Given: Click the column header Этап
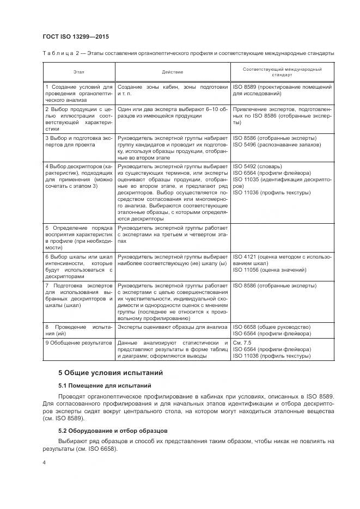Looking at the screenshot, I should [80, 72].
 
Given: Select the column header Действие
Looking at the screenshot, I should [173, 72].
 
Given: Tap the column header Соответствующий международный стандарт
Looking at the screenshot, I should [282, 72].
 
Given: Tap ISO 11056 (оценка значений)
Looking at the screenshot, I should [265, 269].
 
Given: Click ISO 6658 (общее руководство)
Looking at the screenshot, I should [271, 327].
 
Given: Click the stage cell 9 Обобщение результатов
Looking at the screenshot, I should [78, 342].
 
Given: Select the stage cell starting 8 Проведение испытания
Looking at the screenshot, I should [78, 330].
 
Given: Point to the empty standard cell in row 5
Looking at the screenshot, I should [282, 237].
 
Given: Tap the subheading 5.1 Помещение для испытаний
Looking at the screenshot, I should [105, 385].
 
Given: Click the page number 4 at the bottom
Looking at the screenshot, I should [45, 462].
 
